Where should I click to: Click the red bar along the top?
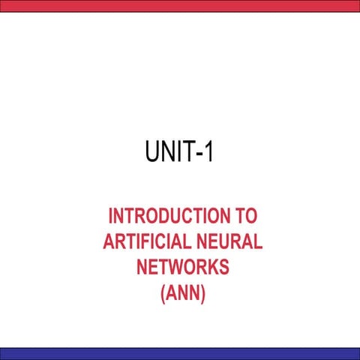pyautogui.click(x=180, y=6)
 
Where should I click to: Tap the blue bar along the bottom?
pyautogui.click(x=180, y=354)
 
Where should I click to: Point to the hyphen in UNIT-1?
pyautogui.click(x=199, y=154)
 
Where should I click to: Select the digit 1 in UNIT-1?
pyautogui.click(x=209, y=151)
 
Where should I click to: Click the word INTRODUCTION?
pyautogui.click(x=169, y=216)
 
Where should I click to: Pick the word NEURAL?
pyautogui.click(x=229, y=241)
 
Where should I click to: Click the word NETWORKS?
pyautogui.click(x=183, y=267)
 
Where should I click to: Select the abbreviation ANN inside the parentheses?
pyautogui.click(x=183, y=292)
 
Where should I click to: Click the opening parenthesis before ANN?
pyautogui.click(x=163, y=294)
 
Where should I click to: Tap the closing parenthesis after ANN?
pyautogui.click(x=202, y=294)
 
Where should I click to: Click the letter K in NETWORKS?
pyautogui.click(x=210, y=267)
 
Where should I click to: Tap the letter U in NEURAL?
pyautogui.click(x=226, y=241)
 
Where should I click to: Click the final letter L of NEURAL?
pyautogui.click(x=258, y=241)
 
